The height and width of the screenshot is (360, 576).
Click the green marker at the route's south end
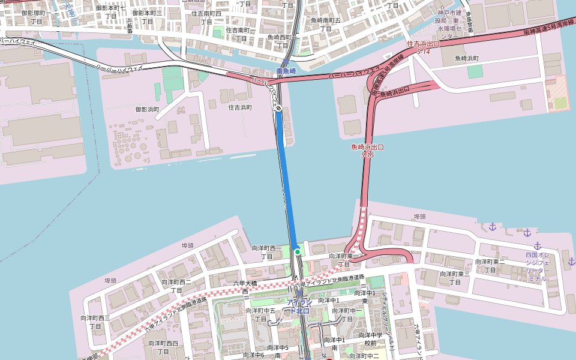pyautogui.click(x=297, y=252)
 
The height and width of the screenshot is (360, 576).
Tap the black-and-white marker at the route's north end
pyautogui.click(x=278, y=108)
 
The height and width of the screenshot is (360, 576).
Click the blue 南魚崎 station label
pyautogui.click(x=286, y=71)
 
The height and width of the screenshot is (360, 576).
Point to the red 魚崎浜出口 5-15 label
pyautogui.click(x=367, y=151)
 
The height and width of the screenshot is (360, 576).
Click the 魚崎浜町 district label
pyautogui.click(x=466, y=58)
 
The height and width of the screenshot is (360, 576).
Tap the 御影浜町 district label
pyautogui.click(x=147, y=109)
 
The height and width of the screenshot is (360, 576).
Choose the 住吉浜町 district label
pyautogui.click(x=240, y=107)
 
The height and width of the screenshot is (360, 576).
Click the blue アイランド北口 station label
pyautogui.click(x=299, y=306)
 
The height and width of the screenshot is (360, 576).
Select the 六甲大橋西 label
pyautogui.click(x=245, y=287)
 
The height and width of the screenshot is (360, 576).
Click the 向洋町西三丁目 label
pyautogui.click(x=95, y=322)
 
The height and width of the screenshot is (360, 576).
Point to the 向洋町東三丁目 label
pyautogui.click(x=455, y=278)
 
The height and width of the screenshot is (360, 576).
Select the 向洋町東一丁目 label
pyautogui.click(x=343, y=260)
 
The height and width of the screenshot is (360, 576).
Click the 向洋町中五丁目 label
pyautogui.click(x=260, y=315)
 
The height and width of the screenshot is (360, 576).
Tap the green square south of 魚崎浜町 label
pyautogui.click(x=475, y=71)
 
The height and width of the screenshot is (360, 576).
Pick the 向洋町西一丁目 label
pyautogui.click(x=266, y=252)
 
